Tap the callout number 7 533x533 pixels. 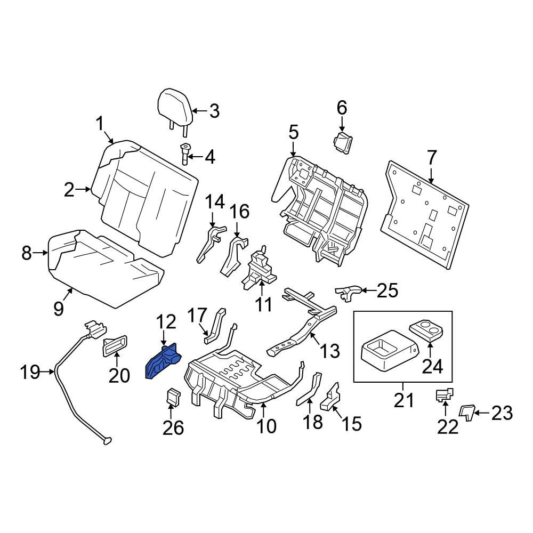pyautogui.click(x=432, y=158)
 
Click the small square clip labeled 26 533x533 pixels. pyautogui.click(x=173, y=397)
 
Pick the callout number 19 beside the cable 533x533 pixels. pyautogui.click(x=31, y=372)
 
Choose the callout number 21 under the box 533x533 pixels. pyautogui.click(x=403, y=400)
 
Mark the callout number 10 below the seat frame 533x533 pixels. pyautogui.click(x=266, y=426)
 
